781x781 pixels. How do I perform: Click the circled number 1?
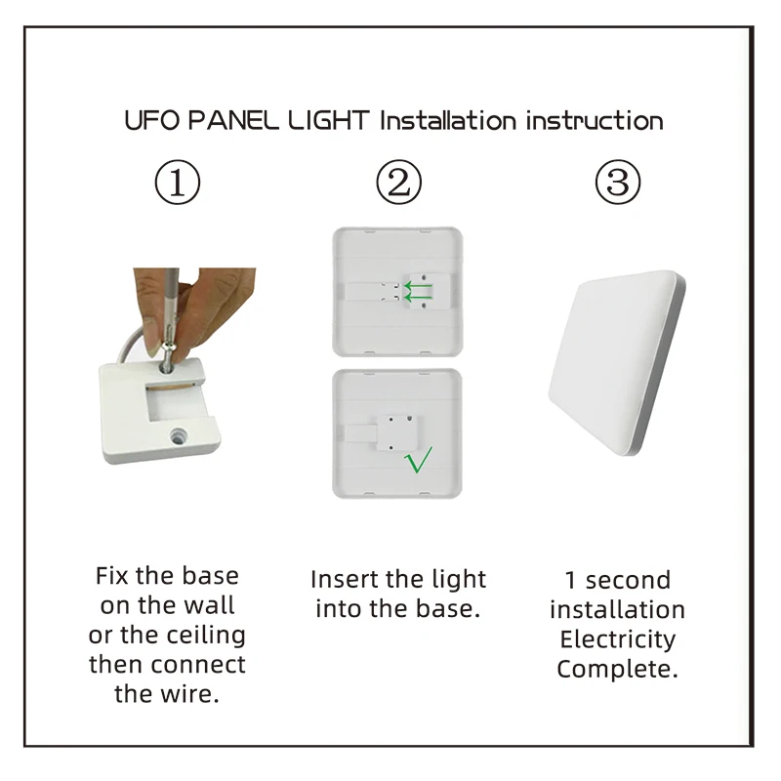coord(179,184)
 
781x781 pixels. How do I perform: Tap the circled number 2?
coord(398,184)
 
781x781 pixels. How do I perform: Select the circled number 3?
coord(618,184)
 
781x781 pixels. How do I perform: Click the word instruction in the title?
coord(595,121)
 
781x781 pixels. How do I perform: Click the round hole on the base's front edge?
coord(180,431)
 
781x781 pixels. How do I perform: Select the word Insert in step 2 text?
coord(343,579)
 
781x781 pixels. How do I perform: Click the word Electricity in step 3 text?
coord(617,640)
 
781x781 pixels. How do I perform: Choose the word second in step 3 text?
coord(629,580)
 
